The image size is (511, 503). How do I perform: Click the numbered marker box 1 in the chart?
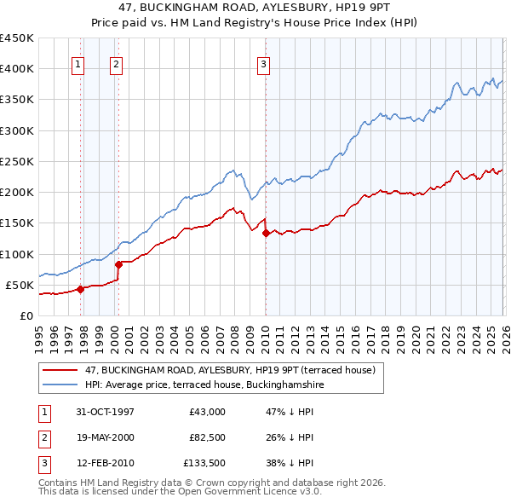click(x=78, y=63)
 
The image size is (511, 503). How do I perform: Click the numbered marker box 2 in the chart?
click(x=116, y=63)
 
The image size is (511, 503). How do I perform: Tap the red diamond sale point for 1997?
click(x=80, y=289)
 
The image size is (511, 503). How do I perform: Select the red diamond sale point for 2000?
click(x=118, y=264)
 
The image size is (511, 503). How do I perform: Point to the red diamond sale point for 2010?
click(x=265, y=233)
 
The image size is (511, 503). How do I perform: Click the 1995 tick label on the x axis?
click(x=39, y=336)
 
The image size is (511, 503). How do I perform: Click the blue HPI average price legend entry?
click(x=204, y=384)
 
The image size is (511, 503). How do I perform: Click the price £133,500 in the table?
click(x=202, y=465)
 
